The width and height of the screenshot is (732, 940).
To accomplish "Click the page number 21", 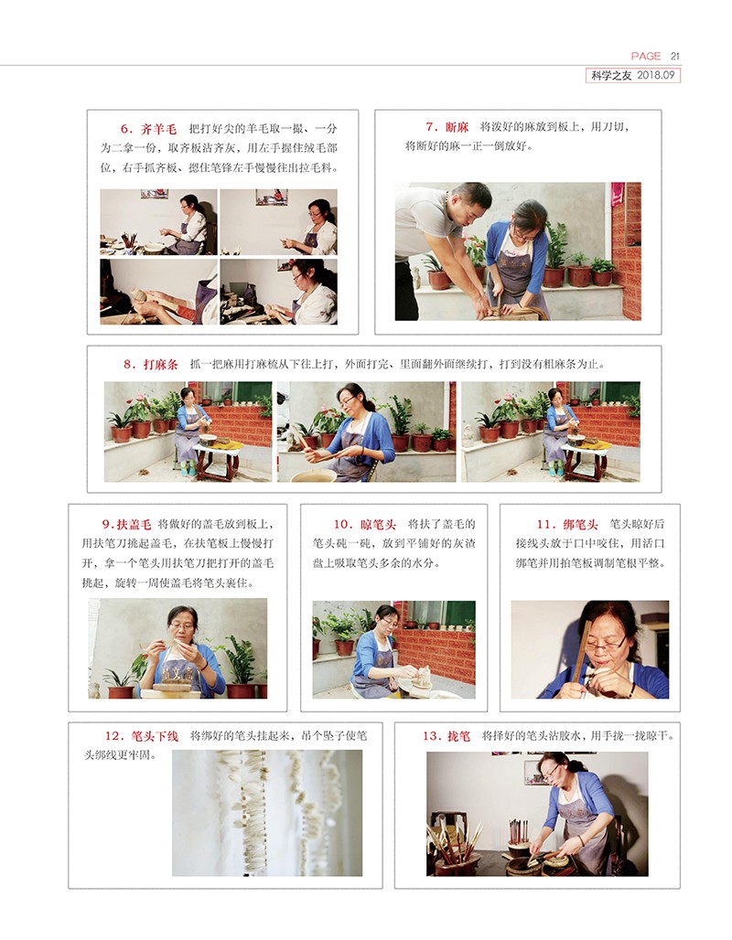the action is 675,56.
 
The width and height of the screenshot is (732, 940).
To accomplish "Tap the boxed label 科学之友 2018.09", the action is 633,75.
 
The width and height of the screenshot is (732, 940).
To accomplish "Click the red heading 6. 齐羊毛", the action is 149,129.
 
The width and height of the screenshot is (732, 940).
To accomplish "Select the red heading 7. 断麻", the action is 447,127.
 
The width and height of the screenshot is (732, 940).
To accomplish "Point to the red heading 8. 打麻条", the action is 151,364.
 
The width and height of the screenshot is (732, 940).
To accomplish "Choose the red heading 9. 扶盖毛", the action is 126,524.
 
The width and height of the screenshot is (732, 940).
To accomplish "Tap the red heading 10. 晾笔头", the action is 365,525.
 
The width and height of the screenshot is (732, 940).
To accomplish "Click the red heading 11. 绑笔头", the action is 567,525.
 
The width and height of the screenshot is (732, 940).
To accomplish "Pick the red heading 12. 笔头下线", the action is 142,736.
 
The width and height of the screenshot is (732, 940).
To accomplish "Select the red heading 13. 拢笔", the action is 447,735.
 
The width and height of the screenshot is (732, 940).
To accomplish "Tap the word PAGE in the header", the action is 646,56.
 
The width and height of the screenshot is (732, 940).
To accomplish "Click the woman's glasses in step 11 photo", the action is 605,645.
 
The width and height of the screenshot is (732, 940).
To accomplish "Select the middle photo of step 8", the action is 366,432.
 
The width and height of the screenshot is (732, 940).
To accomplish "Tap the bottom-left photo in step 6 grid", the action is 158,292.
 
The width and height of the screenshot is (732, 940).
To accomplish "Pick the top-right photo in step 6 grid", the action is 278,222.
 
